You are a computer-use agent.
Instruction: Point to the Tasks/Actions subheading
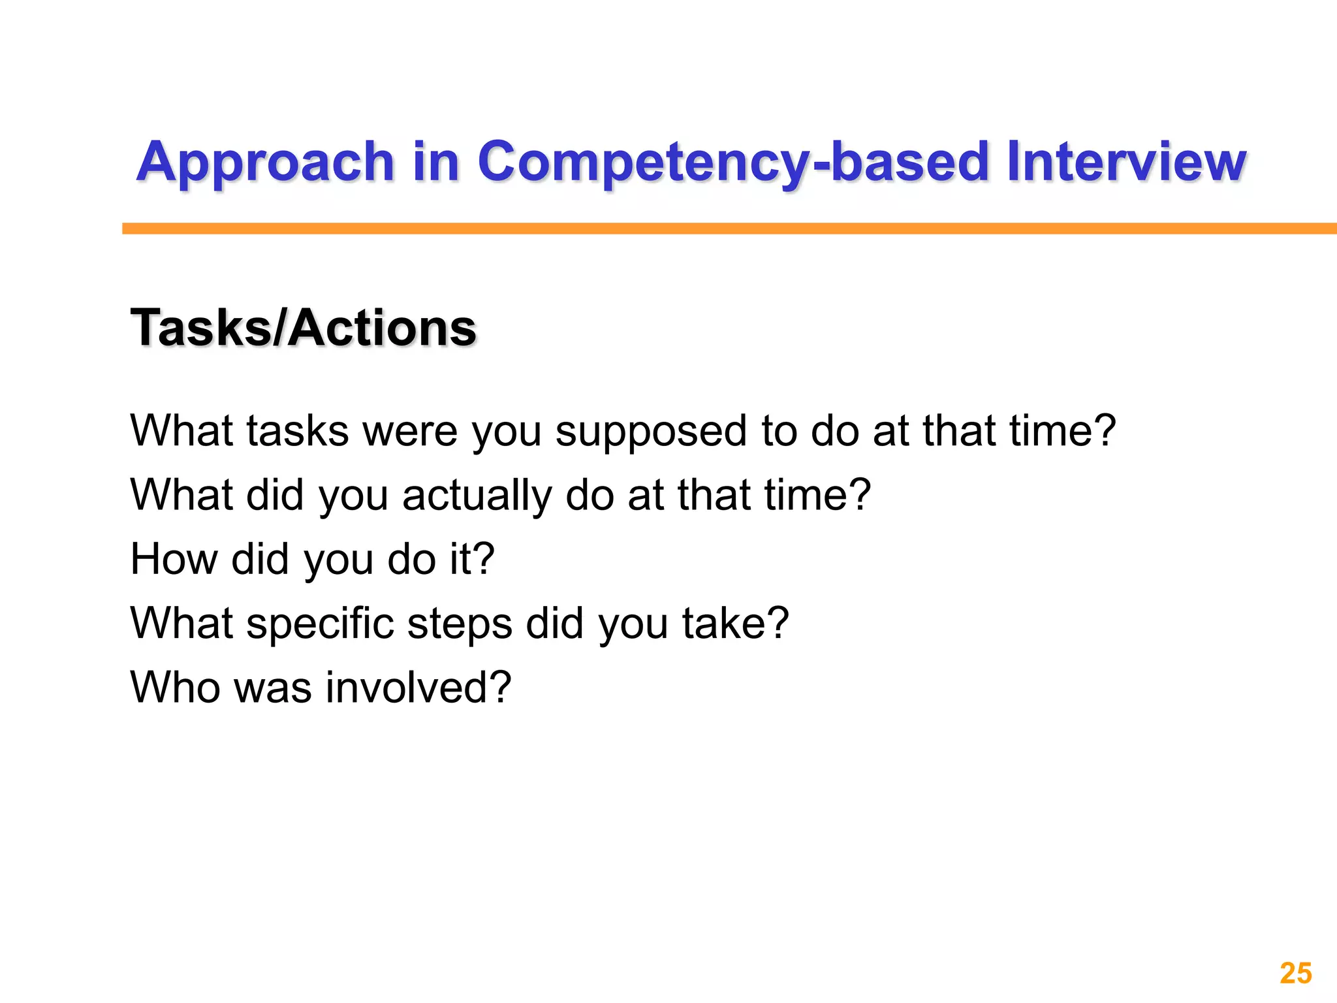[x=304, y=328]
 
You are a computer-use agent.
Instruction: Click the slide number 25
[x=1296, y=974]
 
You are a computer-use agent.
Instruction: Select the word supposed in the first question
[x=651, y=432]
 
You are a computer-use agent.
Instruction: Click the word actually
[x=477, y=496]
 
